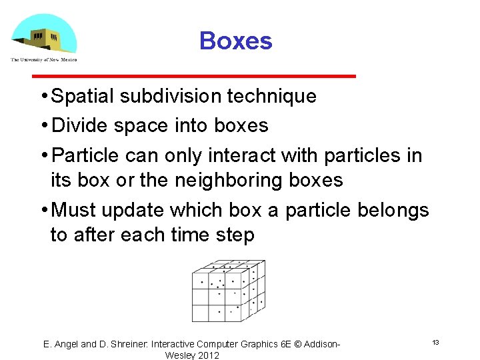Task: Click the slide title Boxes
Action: pyautogui.click(x=235, y=41)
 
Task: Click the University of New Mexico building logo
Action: pyautogui.click(x=44, y=35)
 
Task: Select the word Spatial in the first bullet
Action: pyautogui.click(x=83, y=96)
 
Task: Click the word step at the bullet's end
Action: pyautogui.click(x=233, y=235)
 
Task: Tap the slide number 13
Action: pyautogui.click(x=435, y=342)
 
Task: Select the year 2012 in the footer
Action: pyautogui.click(x=207, y=355)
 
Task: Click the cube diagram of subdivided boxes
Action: pyautogui.click(x=228, y=290)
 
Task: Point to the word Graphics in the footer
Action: pyautogui.click(x=260, y=345)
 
